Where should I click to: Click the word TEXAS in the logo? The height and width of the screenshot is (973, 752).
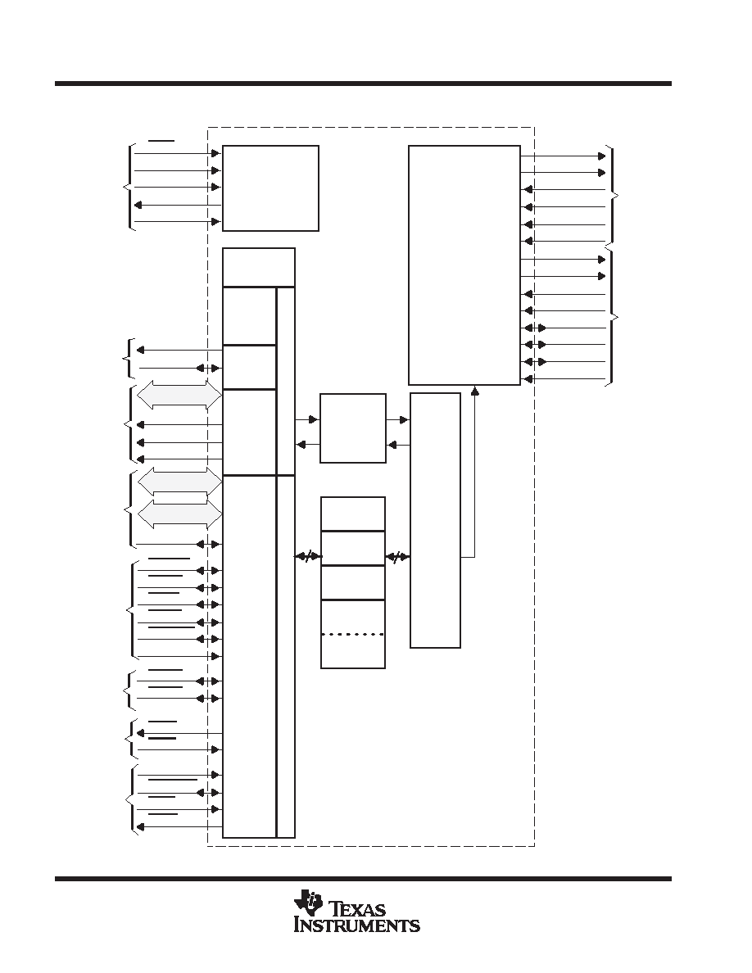click(x=359, y=910)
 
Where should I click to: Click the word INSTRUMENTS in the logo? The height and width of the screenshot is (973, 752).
click(x=357, y=925)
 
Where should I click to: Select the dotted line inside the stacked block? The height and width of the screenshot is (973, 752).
click(x=352, y=634)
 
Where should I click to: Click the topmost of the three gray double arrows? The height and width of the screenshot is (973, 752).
click(x=179, y=395)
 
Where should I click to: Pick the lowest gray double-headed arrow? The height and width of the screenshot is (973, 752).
click(x=179, y=514)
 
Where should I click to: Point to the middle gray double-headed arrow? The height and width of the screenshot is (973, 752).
click(x=179, y=481)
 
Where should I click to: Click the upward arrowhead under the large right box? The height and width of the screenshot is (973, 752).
click(x=474, y=390)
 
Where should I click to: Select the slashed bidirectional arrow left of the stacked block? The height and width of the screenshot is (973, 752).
click(x=308, y=557)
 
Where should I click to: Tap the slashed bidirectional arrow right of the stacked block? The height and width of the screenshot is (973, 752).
click(x=397, y=557)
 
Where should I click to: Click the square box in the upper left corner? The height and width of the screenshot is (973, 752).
click(x=270, y=188)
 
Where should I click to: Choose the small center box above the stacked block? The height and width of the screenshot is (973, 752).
click(x=352, y=428)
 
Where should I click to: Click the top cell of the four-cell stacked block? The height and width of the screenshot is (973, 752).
click(x=352, y=514)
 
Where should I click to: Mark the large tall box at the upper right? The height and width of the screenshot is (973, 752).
click(x=464, y=265)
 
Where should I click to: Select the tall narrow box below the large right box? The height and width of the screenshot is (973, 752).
click(x=435, y=520)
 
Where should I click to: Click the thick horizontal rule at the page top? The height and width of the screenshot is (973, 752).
click(x=363, y=84)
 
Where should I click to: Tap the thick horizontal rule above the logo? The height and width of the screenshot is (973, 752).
click(x=363, y=879)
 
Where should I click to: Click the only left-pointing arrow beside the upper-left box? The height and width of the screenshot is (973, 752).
click(x=178, y=205)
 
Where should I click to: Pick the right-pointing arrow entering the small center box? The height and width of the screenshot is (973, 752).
click(x=307, y=420)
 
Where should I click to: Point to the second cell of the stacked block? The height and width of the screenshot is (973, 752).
click(x=352, y=548)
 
